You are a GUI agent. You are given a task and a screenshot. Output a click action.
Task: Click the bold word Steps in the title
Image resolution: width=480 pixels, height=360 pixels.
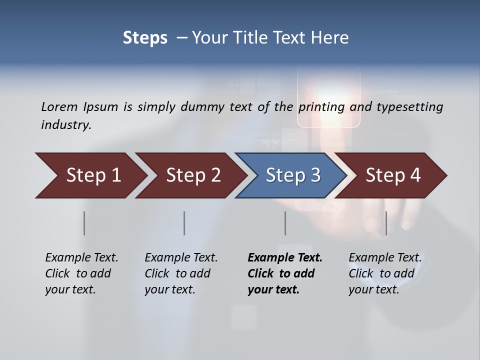[145, 37]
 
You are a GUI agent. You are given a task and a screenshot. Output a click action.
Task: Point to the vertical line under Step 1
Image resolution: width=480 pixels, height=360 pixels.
[84, 223]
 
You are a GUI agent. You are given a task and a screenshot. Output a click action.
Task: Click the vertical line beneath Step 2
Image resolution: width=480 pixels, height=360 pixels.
[184, 223]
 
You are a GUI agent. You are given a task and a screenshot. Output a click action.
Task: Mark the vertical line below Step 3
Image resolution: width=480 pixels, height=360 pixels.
[285, 223]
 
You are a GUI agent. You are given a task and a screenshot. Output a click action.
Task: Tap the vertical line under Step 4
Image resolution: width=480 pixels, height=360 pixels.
[385, 223]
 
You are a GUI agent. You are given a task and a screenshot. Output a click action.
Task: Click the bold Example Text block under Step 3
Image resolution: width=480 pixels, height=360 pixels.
[285, 273]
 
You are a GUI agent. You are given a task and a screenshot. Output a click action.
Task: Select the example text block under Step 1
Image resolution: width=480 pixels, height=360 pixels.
[81, 273]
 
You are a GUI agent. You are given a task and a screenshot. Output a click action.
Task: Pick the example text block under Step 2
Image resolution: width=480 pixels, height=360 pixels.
[181, 273]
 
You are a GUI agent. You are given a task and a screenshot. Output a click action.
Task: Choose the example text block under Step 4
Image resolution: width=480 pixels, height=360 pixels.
[385, 273]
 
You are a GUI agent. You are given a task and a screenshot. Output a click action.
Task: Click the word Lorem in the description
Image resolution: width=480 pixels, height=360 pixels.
[59, 106]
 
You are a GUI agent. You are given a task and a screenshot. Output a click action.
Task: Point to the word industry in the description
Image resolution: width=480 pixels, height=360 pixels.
[66, 124]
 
